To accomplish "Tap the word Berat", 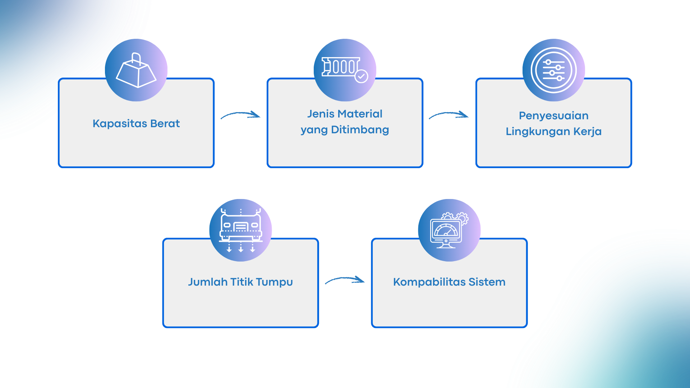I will pyautogui.click(x=165, y=124).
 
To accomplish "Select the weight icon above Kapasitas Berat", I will pyautogui.click(x=136, y=71).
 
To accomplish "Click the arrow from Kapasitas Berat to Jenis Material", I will pyautogui.click(x=240, y=115).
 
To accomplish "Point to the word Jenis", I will pyautogui.click(x=321, y=114).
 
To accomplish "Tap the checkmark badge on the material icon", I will pyautogui.click(x=361, y=76).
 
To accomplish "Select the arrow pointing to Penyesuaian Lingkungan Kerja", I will pyautogui.click(x=449, y=115).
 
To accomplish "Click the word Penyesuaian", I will pyautogui.click(x=553, y=116).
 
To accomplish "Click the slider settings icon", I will pyautogui.click(x=553, y=70).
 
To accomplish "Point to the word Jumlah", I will pyautogui.click(x=208, y=282).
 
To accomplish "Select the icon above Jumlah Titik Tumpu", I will pyautogui.click(x=240, y=230).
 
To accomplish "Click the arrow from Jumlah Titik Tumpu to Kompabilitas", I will pyautogui.click(x=345, y=280).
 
